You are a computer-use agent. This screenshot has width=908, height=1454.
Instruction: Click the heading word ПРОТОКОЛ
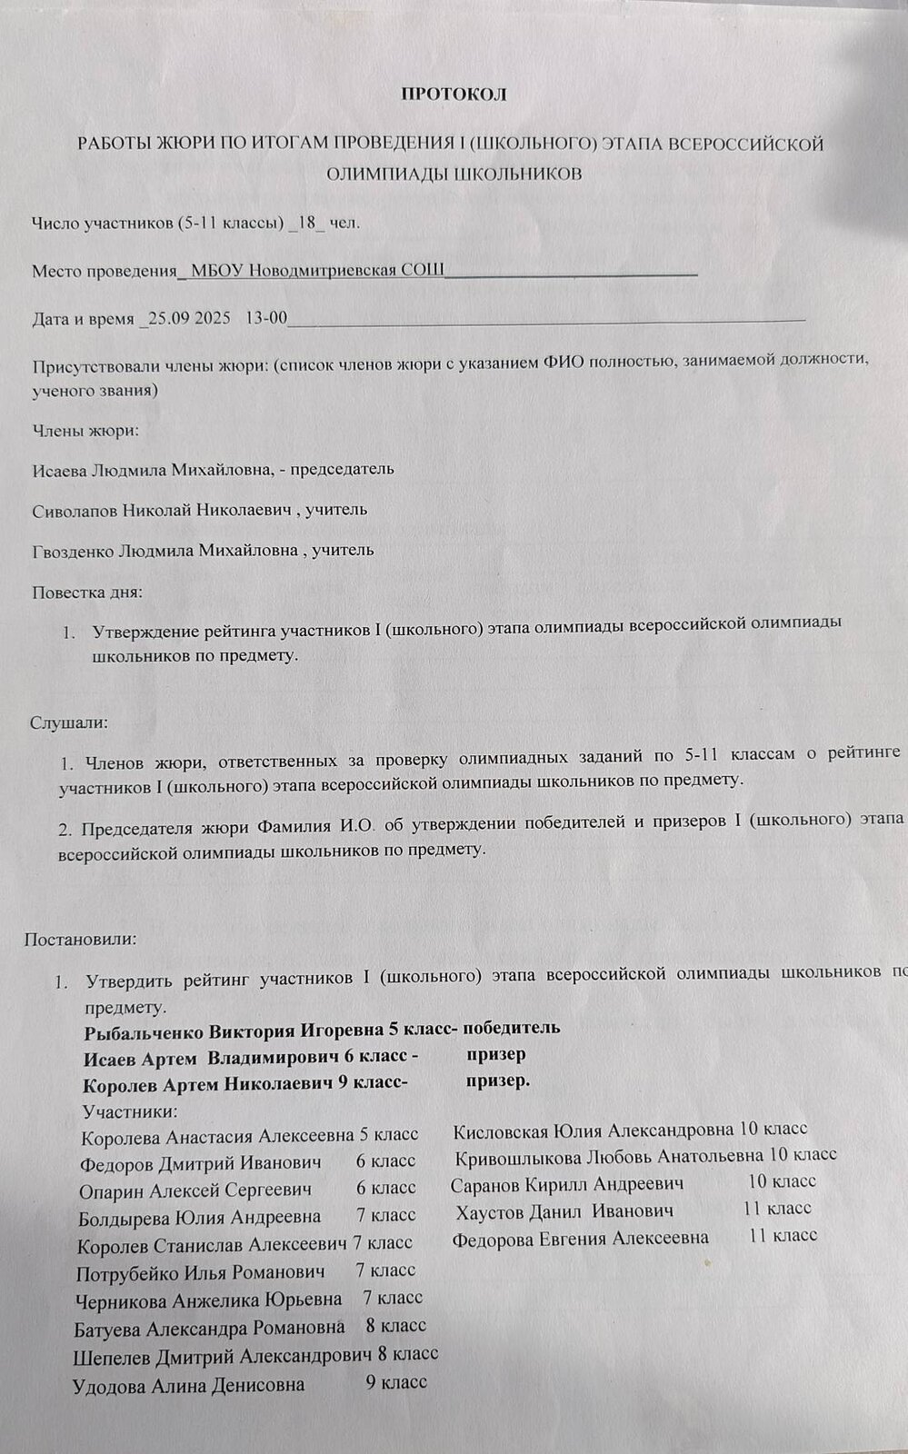[454, 94]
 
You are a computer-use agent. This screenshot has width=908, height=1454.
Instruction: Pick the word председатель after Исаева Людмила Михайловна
[341, 469]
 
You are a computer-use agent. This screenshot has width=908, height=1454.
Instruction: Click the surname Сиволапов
[75, 509]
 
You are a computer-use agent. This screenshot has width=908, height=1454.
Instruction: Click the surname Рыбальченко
[144, 1031]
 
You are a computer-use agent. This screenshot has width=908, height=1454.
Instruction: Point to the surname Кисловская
[499, 1130]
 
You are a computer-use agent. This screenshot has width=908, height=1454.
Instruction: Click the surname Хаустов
[493, 1210]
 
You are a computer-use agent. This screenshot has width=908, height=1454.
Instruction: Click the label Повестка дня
[87, 593]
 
